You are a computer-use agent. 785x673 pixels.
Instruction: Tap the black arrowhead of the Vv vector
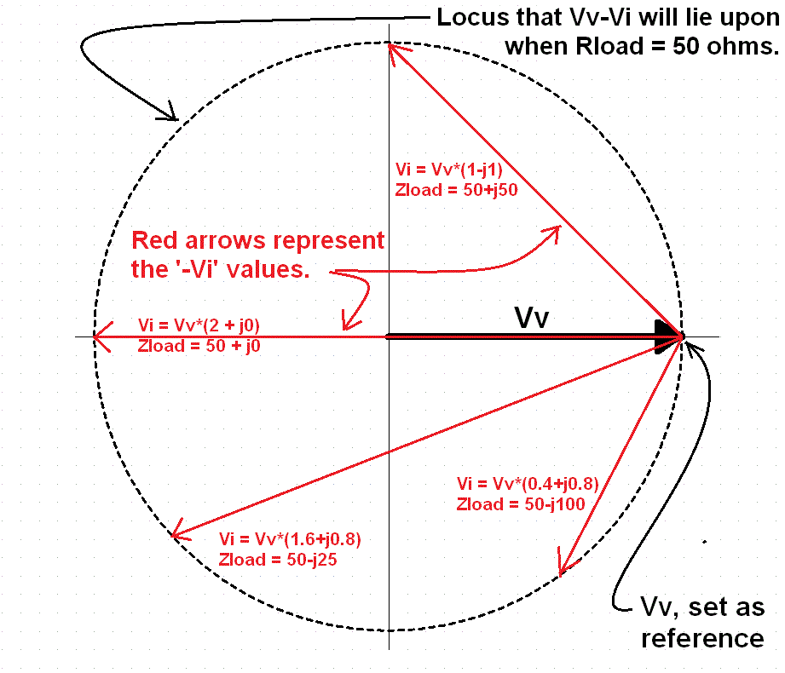pyautogui.click(x=667, y=336)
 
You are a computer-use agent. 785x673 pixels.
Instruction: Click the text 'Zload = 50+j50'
pyautogui.click(x=457, y=189)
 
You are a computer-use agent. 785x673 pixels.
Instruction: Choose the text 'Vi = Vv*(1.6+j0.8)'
pyautogui.click(x=295, y=539)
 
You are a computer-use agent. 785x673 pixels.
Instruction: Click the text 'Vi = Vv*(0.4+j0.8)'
pyautogui.click(x=527, y=483)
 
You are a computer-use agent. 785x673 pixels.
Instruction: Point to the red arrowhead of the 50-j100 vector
pyautogui.click(x=563, y=567)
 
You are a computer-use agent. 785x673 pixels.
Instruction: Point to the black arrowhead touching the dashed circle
pyautogui.click(x=170, y=112)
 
